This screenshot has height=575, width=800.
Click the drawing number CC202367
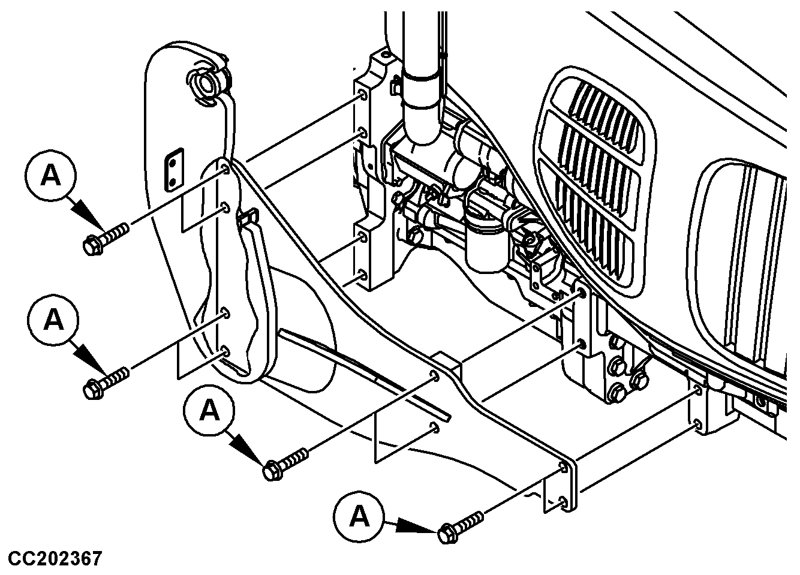55,558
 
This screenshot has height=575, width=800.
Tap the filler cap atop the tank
206,85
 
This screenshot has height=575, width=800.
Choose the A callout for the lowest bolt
359,517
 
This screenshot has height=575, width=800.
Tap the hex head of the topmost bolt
93,246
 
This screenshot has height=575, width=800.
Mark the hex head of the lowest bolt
448,534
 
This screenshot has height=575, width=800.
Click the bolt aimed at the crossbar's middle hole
285,464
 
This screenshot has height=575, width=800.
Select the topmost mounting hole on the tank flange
225,168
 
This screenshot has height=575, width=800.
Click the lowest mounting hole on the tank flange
225,351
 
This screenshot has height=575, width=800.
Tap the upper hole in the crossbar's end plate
563,467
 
